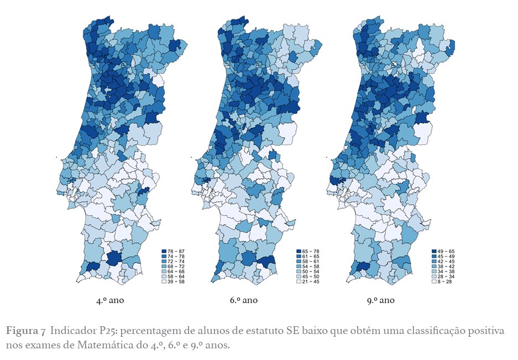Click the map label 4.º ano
click(x=109, y=301)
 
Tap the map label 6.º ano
click(x=244, y=301)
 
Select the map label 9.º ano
click(x=380, y=301)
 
